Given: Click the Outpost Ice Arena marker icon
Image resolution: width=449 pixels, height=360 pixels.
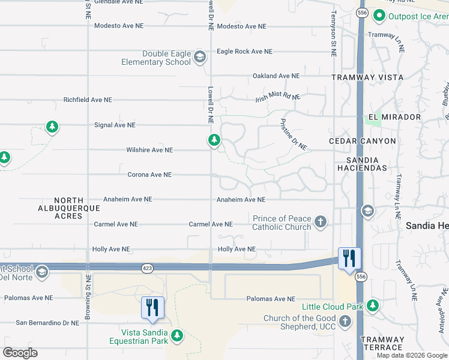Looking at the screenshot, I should [x=379, y=16].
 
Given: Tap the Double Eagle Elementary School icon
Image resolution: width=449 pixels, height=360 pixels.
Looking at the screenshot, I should [x=200, y=58].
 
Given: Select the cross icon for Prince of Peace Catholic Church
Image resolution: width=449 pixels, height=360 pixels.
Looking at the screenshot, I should [x=321, y=223].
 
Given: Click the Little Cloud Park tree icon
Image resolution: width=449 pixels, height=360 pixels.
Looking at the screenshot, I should [x=373, y=306].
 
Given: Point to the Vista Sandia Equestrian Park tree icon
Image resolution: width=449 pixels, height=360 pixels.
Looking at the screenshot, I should [x=176, y=335].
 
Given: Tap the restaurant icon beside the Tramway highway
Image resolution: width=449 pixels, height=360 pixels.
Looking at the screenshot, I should [x=349, y=258].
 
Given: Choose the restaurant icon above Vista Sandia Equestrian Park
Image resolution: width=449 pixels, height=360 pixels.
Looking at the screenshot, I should [x=152, y=308].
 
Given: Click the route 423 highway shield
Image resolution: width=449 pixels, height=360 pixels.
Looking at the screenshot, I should [x=148, y=267].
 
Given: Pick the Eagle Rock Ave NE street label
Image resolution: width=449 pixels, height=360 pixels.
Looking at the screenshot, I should [x=244, y=52].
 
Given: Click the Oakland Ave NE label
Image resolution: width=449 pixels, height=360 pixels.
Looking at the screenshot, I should [x=276, y=76].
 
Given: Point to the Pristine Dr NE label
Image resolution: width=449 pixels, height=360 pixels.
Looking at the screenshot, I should [x=294, y=134].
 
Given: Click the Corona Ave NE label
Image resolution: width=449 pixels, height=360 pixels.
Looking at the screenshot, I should [x=149, y=175].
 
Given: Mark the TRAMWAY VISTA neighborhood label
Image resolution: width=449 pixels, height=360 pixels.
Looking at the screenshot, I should [x=368, y=77].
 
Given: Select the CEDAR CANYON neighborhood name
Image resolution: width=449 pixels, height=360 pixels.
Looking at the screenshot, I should [x=363, y=141].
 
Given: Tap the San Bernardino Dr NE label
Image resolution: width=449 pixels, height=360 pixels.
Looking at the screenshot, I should [x=47, y=323].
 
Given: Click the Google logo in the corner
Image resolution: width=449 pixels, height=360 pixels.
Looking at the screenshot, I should [x=20, y=353].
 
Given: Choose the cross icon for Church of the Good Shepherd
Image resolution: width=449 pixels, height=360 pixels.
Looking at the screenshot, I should [x=345, y=322].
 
